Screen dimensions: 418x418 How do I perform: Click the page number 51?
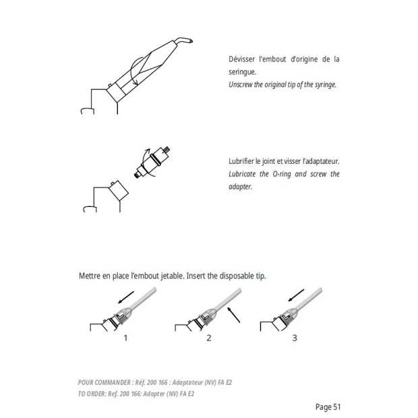tap(337, 407)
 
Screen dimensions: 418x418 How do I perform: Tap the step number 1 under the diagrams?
tap(125, 338)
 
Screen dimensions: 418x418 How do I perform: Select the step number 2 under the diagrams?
tap(209, 338)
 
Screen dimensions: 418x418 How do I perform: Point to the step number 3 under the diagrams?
tap(295, 338)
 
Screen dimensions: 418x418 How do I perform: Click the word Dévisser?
tap(242, 59)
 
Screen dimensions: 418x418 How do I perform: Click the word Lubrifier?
tap(241, 161)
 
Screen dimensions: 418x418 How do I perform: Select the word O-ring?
tap(282, 174)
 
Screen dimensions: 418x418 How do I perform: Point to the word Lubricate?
tap(242, 174)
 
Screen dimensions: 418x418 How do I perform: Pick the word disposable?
tap(237, 276)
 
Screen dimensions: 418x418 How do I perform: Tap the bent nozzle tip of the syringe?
tap(184, 40)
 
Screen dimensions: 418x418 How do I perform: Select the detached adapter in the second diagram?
tap(152, 162)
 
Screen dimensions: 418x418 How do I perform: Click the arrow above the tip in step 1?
tap(126, 297)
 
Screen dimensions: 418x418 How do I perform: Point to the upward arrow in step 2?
tap(233, 315)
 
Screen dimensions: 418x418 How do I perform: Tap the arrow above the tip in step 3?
tap(296, 295)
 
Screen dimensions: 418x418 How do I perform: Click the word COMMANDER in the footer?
tap(113, 382)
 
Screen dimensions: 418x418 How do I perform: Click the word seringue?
tap(242, 72)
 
